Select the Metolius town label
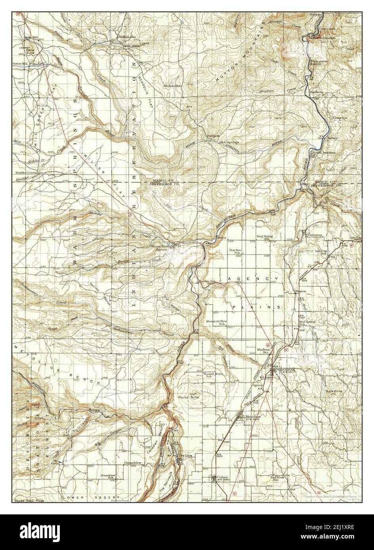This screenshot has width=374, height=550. [252, 416]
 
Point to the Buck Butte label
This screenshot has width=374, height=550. [333, 391]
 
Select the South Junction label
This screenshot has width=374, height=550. [324, 153]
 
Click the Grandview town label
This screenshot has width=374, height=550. [133, 462]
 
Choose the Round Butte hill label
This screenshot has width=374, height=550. [188, 397]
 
